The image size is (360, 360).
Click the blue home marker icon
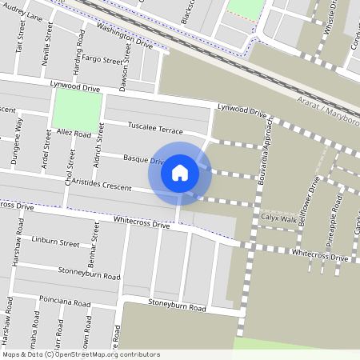coord(180,172)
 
